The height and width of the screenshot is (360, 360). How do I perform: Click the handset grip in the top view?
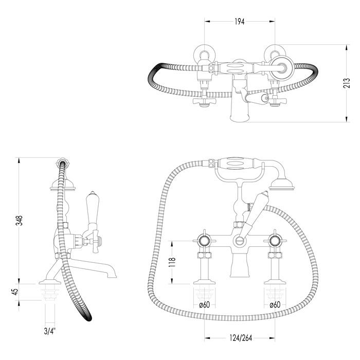(x=237, y=67)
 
